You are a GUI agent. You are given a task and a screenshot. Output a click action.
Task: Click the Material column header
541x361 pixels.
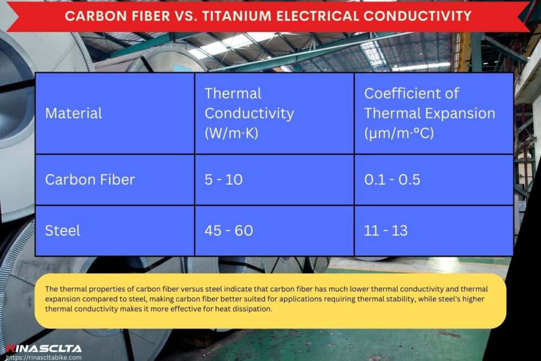pos(74,113)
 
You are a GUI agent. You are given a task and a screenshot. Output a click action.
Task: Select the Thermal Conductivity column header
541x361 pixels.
pos(249,113)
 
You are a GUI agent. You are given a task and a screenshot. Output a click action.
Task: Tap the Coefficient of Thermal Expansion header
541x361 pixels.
pos(429,113)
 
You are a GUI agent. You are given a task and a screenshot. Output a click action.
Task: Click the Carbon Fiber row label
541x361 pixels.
pos(90,180)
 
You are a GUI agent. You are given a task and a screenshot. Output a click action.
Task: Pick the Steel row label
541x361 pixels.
pos(63,231)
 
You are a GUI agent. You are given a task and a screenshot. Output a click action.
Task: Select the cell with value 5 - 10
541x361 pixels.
pos(223,180)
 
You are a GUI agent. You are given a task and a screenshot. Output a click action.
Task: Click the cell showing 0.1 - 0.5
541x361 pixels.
pos(392,180)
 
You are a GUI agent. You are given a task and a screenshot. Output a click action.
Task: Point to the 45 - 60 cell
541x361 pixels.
pos(228,231)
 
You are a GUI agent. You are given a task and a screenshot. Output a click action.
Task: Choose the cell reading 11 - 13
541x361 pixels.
pos(386,231)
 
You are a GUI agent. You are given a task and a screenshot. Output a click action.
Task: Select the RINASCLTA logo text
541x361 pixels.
pos(44,348)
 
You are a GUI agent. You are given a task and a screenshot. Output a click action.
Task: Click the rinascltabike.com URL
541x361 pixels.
pos(44,357)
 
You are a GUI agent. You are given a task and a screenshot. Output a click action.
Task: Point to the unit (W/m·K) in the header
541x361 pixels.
pos(232,133)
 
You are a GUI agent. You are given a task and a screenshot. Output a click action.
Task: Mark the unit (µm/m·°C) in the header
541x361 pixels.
pos(399,133)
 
